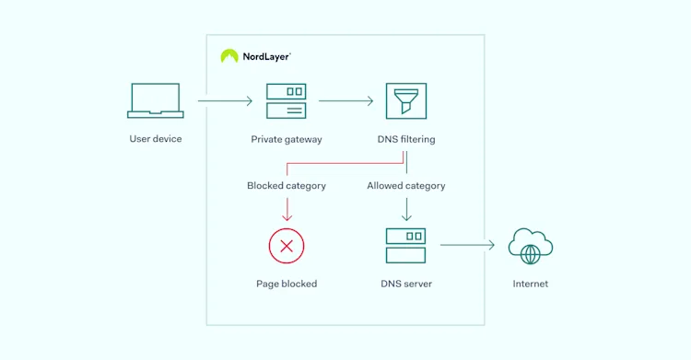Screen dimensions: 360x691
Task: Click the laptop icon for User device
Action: click(x=155, y=100)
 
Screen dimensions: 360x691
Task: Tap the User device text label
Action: click(x=155, y=139)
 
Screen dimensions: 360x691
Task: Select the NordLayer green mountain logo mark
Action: click(x=229, y=56)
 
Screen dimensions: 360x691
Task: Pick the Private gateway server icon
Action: click(x=286, y=101)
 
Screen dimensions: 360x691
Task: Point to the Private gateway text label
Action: click(x=286, y=140)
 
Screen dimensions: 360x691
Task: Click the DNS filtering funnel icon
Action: click(x=405, y=101)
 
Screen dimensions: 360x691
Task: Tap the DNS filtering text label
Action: click(x=406, y=140)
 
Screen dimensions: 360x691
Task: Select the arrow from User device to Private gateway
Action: click(x=224, y=101)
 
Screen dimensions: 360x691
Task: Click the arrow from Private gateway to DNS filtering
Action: click(x=345, y=101)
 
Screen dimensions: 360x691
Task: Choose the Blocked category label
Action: click(x=286, y=186)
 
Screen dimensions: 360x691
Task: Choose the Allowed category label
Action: click(x=406, y=186)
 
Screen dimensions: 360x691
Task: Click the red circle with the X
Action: click(x=287, y=246)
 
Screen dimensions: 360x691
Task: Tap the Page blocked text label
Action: click(x=287, y=285)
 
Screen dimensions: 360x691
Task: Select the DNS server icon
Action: click(x=405, y=246)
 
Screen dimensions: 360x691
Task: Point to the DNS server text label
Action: click(x=406, y=285)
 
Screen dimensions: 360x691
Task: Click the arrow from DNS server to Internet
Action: click(x=467, y=246)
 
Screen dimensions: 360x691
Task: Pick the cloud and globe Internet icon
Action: click(x=531, y=246)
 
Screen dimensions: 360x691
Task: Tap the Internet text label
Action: click(x=531, y=285)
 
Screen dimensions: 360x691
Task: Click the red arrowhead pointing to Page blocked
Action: click(x=287, y=217)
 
